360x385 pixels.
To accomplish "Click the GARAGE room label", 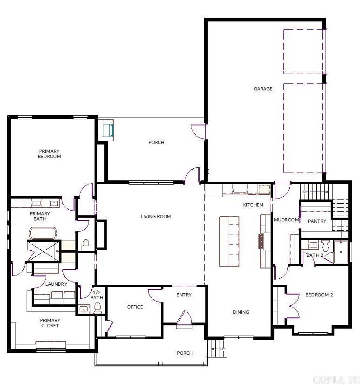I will (x=263, y=89).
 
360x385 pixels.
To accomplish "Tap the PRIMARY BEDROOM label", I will (x=49, y=154).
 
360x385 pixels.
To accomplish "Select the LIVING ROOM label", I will (x=156, y=216).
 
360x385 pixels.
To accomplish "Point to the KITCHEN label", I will (x=253, y=205).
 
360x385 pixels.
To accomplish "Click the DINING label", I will (x=241, y=312).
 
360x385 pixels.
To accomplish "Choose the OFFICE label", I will (x=135, y=307).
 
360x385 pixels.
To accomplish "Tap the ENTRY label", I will (x=184, y=295).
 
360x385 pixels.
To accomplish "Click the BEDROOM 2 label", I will (x=319, y=295).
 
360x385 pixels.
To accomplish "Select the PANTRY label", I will (x=317, y=221).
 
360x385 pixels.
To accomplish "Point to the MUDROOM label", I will (x=286, y=220).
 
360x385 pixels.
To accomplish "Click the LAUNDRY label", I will (x=56, y=284).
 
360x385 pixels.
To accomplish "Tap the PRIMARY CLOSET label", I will (x=50, y=323).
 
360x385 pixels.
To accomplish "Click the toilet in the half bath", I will (x=98, y=307).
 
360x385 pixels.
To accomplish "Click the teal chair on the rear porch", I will (x=107, y=129).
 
